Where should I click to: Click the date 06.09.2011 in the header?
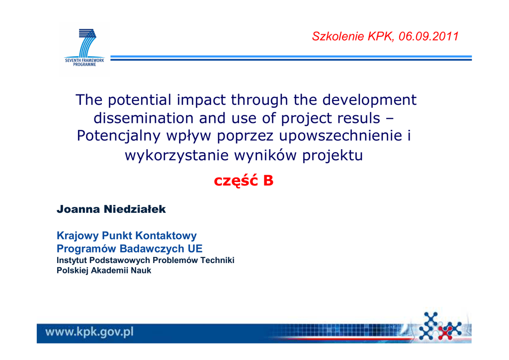click(x=428, y=36)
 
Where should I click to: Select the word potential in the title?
click(x=140, y=100)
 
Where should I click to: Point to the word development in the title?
click(x=369, y=100)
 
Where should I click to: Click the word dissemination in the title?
click(x=144, y=118)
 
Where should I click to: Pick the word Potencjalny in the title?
click(x=118, y=136)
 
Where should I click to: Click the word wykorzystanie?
click(x=177, y=155)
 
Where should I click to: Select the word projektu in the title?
click(x=333, y=155)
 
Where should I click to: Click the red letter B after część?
click(x=268, y=180)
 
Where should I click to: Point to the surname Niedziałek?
click(x=135, y=209)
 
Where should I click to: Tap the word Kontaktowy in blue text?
click(x=166, y=235)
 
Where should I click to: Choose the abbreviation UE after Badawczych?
click(x=195, y=248)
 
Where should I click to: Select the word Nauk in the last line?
click(x=141, y=270)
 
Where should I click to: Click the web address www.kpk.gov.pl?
click(x=89, y=332)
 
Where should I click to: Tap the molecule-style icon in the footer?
click(x=440, y=326)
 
